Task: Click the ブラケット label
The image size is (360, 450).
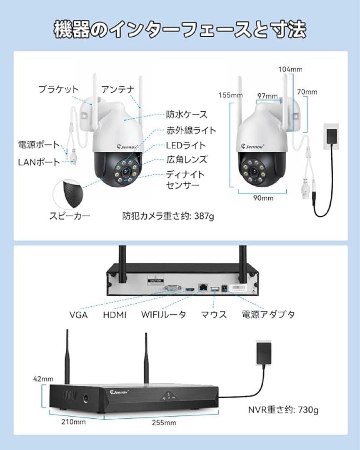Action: pyautogui.click(x=58, y=89)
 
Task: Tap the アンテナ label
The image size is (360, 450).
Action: pyautogui.click(x=118, y=89)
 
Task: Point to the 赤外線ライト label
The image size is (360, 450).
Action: pyautogui.click(x=191, y=130)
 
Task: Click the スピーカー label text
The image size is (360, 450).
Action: pyautogui.click(x=70, y=215)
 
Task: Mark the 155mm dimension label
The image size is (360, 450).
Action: pyautogui.click(x=230, y=95)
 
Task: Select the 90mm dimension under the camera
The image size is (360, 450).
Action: pyautogui.click(x=263, y=198)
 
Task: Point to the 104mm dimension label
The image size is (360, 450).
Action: pyautogui.click(x=290, y=70)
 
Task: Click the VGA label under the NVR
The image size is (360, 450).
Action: pyautogui.click(x=78, y=315)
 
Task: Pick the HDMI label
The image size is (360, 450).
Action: pyautogui.click(x=115, y=315)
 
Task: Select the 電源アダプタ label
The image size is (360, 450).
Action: pyautogui.click(x=268, y=314)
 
